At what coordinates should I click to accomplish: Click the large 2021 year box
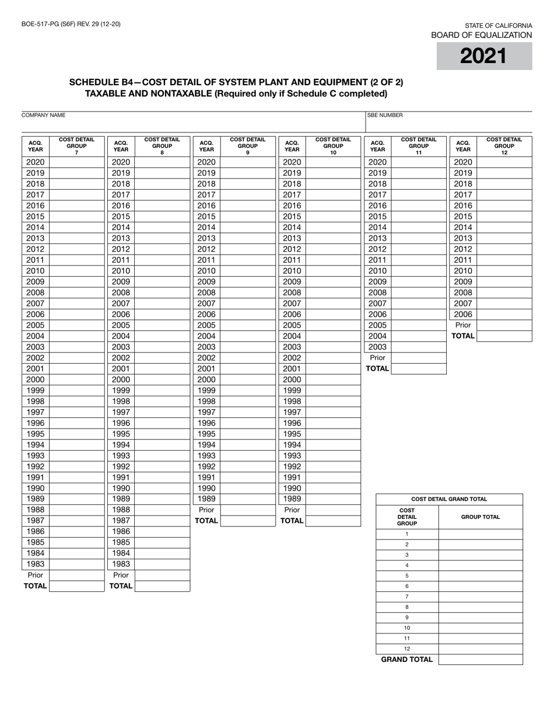coord(484,56)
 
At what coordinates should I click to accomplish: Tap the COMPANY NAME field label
coord(43,116)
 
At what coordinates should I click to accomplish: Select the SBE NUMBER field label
coord(385,116)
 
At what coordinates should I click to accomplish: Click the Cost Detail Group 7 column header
coord(76,146)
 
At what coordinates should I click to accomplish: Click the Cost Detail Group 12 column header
coord(504,146)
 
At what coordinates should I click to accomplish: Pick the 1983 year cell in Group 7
coord(35,564)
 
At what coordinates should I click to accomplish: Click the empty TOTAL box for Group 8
coord(162,586)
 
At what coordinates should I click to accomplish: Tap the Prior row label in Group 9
coord(206,510)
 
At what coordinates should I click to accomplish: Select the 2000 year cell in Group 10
coord(292,379)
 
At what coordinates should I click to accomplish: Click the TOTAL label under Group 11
coord(377,368)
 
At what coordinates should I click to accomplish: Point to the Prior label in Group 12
coord(463,325)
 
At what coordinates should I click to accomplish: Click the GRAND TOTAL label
coord(407,660)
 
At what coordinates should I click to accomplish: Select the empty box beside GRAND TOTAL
coord(481,660)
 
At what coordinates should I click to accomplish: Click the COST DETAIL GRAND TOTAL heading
coord(449,499)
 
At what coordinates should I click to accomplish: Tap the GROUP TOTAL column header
coord(481,517)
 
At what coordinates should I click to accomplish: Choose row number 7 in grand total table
coord(407,597)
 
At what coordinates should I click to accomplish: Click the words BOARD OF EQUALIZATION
coord(481,35)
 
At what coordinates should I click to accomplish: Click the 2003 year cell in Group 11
coord(377,347)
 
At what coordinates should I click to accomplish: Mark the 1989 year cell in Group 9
coord(206,499)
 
